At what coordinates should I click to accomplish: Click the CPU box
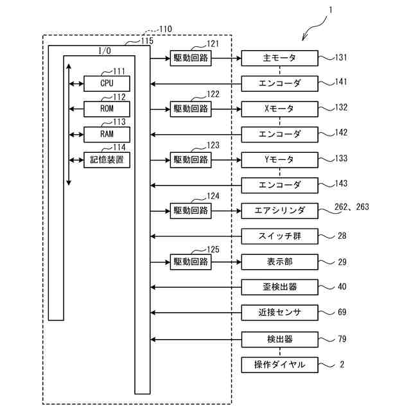pos(107,83)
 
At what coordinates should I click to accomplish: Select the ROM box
pos(107,109)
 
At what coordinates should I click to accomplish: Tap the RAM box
pos(107,134)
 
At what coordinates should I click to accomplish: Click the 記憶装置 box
pos(107,159)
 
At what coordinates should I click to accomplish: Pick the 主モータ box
pos(279,58)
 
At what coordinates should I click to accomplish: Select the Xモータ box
pos(279,109)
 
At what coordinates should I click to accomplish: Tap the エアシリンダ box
pos(279,210)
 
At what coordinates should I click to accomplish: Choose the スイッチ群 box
pos(279,236)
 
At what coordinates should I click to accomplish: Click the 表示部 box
pos(279,261)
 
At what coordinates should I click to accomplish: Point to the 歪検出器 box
pos(279,287)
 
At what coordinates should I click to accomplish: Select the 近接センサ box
pos(279,313)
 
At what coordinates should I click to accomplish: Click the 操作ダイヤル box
pos(279,365)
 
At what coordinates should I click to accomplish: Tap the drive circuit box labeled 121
pos(191,58)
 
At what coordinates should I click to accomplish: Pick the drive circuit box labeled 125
pos(191,261)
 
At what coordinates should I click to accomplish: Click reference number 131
pos(341,57)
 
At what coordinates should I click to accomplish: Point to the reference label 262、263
pos(353,207)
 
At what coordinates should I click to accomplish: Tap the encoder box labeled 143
pos(279,185)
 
